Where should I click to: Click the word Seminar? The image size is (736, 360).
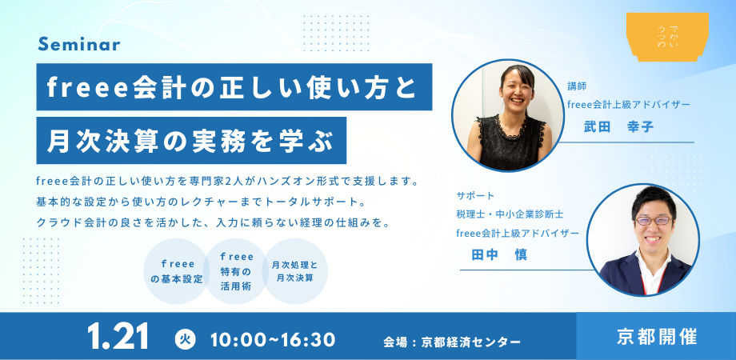click(79, 44)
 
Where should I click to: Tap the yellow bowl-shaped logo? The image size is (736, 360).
click(667, 37)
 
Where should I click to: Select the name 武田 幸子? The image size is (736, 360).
click(618, 126)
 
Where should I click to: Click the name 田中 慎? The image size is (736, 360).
click(499, 254)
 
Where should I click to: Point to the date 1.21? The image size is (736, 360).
click(118, 336)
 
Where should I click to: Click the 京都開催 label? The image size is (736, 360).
click(657, 337)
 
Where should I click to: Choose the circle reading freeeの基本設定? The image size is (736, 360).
click(176, 271)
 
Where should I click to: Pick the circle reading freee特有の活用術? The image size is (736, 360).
click(236, 271)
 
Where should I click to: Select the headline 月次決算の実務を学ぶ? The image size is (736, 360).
click(191, 140)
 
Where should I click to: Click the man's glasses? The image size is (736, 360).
click(654, 221)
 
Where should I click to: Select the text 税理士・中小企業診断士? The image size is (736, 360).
click(510, 214)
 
